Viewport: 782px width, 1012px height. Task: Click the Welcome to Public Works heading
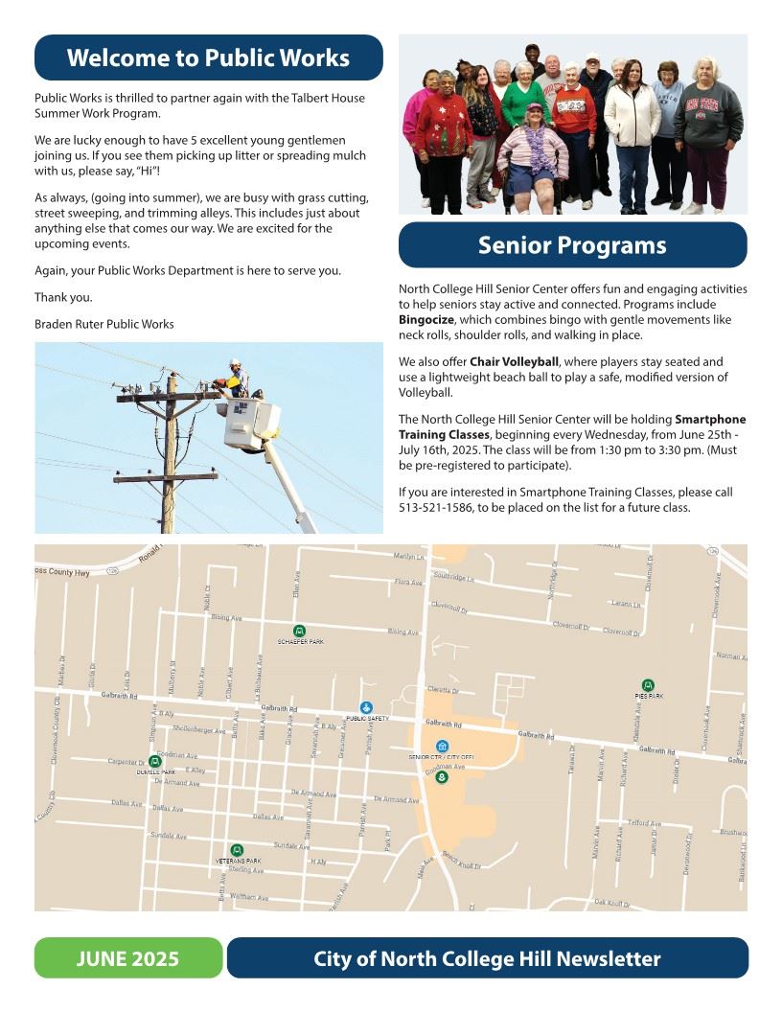[208, 57]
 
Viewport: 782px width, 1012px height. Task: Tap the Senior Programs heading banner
[572, 245]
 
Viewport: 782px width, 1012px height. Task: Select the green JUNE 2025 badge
[128, 958]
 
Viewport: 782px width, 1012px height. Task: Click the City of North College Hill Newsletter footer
[487, 958]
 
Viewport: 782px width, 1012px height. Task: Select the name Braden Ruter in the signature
[73, 324]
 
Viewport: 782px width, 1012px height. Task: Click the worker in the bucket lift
[236, 379]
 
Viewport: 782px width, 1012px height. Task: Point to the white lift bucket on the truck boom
[252, 425]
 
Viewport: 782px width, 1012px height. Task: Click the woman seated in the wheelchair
[533, 153]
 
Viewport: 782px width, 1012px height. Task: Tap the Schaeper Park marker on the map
[300, 631]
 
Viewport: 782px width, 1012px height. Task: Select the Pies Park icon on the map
[648, 685]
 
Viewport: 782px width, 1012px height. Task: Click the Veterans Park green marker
[238, 850]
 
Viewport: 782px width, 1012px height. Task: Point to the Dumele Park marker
[155, 761]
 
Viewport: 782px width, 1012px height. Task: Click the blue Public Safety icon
[366, 707]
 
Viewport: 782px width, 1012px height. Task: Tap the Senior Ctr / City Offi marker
[442, 747]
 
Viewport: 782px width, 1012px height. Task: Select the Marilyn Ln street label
[407, 557]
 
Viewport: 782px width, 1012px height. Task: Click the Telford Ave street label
[644, 823]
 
